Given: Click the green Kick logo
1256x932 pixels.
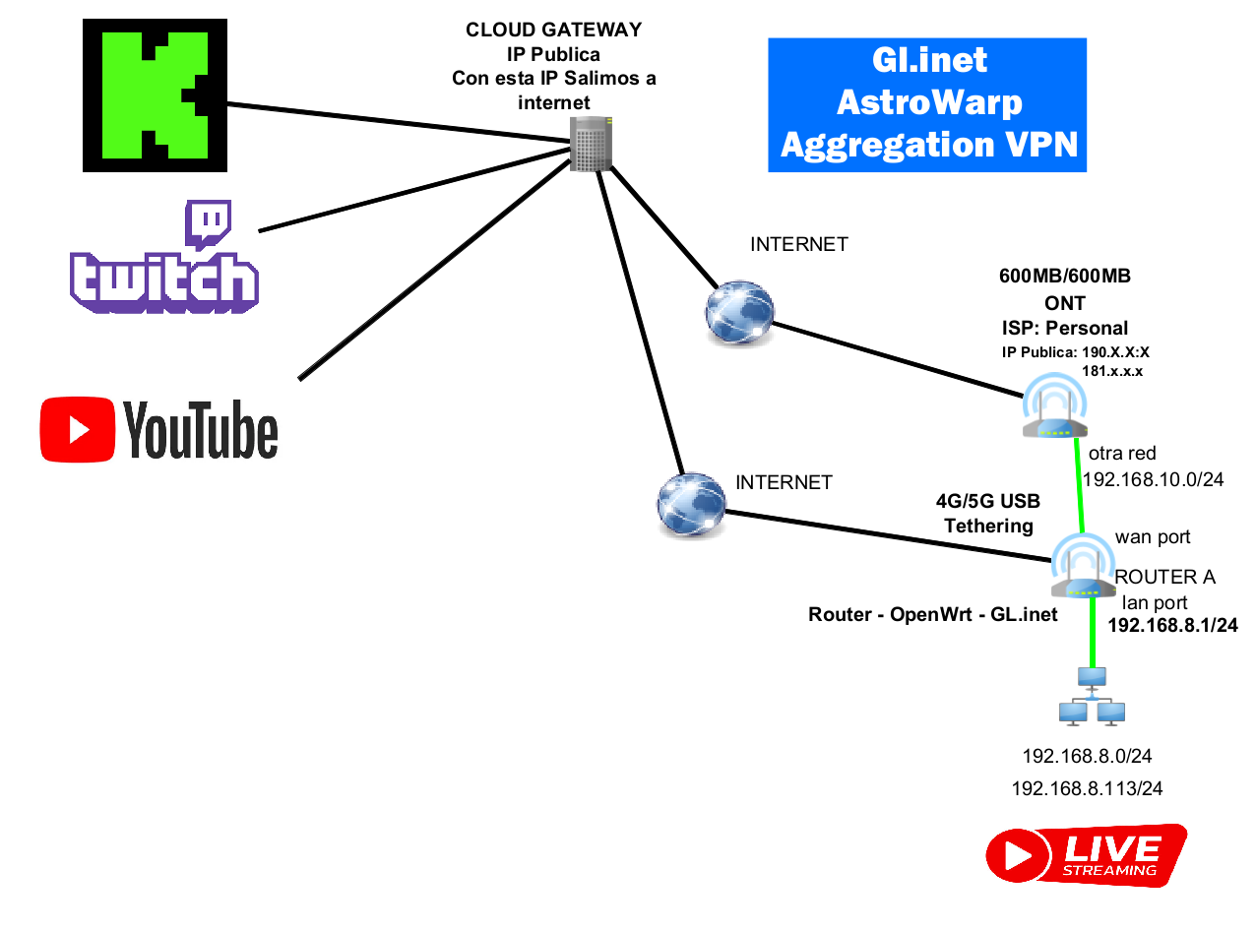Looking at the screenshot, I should tap(155, 94).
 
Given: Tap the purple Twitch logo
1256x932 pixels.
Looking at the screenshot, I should tap(164, 258).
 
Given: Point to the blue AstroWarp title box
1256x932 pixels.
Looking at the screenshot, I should tap(926, 104).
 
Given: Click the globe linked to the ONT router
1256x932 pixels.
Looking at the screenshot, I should tap(739, 313).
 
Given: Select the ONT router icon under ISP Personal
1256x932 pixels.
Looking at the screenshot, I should tap(1054, 408).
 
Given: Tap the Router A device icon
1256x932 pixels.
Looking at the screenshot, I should tap(1082, 568).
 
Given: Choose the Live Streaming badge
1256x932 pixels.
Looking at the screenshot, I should tap(1085, 854).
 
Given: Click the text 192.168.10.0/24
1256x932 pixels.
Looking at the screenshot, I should tap(1152, 479).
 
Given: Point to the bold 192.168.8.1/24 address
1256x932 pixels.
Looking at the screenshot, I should tap(1172, 625).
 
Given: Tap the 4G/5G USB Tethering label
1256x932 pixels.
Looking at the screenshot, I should tap(987, 513).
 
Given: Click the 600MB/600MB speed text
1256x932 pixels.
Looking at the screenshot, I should tap(1064, 277).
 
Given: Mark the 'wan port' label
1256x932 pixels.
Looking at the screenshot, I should tap(1153, 537).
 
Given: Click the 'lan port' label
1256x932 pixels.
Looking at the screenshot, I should tap(1155, 602).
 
